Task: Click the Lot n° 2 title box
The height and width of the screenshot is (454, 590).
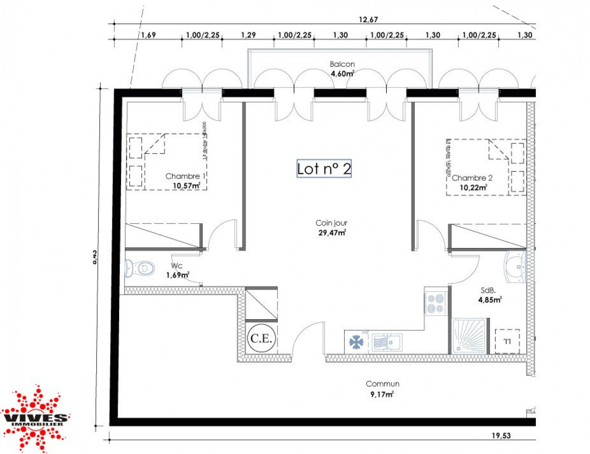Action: [324, 169]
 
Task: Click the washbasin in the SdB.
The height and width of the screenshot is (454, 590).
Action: [516, 268]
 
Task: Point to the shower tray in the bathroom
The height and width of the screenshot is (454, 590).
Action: [469, 336]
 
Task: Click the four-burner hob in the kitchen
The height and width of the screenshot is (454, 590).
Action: [436, 303]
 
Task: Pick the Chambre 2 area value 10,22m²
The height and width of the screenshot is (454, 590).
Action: [473, 187]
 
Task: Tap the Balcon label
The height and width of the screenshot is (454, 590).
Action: [342, 64]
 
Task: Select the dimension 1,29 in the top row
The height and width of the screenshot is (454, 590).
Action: [247, 35]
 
